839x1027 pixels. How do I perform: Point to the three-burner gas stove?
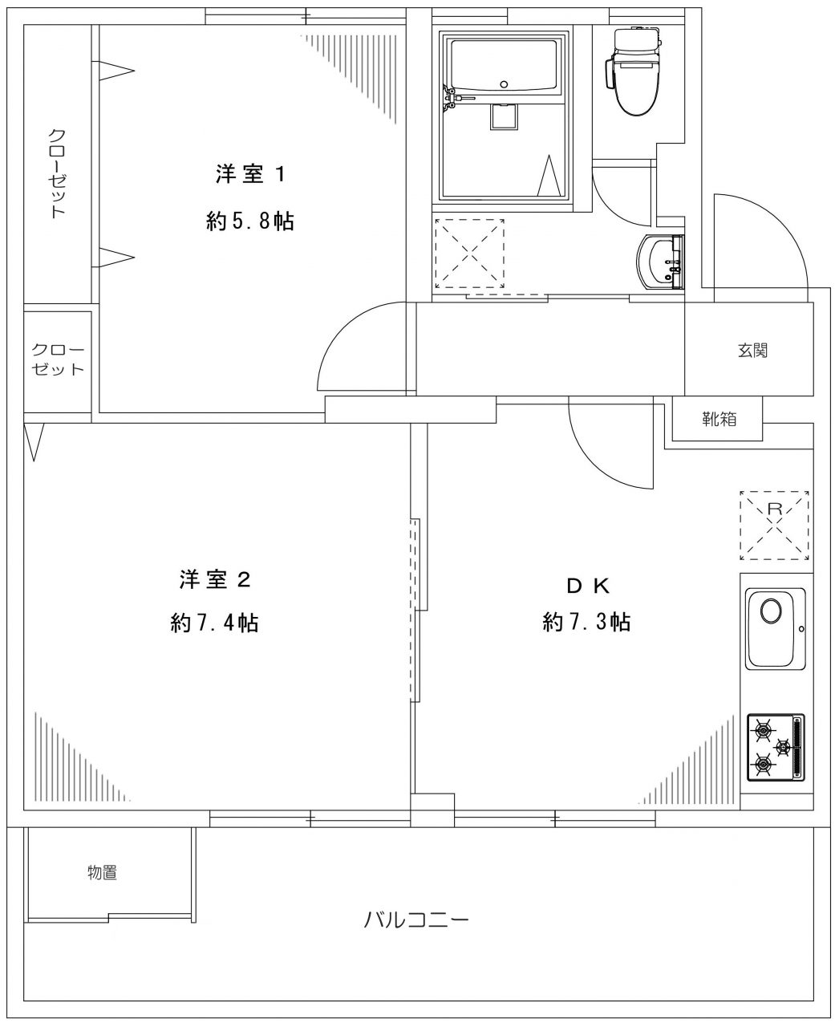pos(775,747)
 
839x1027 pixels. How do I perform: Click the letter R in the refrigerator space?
pos(774,508)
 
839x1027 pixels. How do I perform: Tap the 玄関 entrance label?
pos(752,350)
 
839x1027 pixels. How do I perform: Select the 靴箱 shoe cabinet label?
pos(719,419)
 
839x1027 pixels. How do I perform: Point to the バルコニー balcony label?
pos(415,919)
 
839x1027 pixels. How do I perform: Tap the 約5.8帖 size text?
pos(250,221)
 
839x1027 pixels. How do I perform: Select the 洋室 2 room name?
pos(215,579)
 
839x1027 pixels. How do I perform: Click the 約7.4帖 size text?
pos(214,623)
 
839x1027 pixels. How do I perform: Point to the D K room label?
pos(589,586)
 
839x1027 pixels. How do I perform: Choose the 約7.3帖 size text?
pos(586,622)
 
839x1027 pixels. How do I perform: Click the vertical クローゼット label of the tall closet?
pos(57,173)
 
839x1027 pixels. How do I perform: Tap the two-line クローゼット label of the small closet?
pos(57,360)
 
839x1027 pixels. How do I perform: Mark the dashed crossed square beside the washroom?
pos(469,253)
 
